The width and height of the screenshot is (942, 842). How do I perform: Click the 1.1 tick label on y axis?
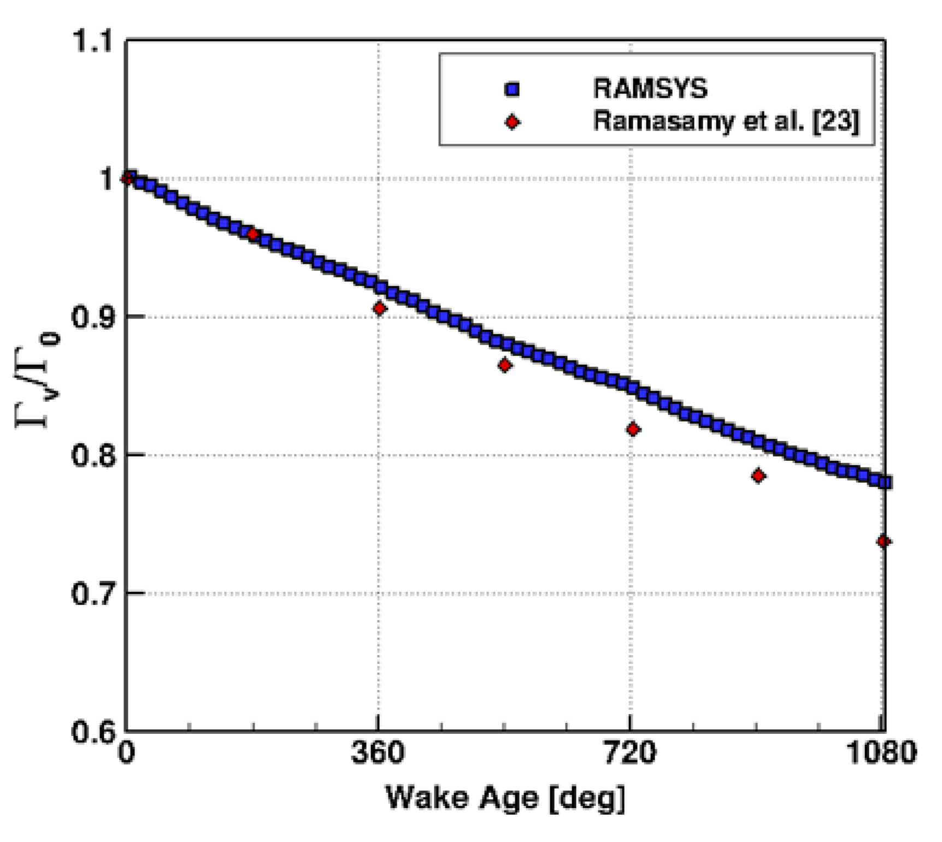[x=92, y=41]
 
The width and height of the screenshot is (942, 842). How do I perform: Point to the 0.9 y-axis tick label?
[x=92, y=317]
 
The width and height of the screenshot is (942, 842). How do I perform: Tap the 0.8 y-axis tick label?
[x=92, y=455]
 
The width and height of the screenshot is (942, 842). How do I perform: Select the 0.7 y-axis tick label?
[x=92, y=593]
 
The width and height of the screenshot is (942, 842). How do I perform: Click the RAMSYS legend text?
[x=650, y=89]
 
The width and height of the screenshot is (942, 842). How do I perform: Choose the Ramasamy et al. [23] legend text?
[x=727, y=121]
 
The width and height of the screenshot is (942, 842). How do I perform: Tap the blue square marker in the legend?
[x=512, y=90]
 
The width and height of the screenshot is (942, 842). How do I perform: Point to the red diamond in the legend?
[x=512, y=122]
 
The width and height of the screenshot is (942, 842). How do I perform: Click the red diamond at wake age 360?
[x=380, y=309]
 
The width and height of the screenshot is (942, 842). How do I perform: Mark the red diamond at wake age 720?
[x=633, y=429]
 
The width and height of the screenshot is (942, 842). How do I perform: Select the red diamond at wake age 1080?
[x=884, y=541]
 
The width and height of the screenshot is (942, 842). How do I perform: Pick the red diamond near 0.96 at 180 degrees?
[x=253, y=234]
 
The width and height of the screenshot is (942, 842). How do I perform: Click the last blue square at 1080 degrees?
[x=885, y=482]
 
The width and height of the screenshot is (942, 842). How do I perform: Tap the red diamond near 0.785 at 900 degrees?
[x=758, y=476]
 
